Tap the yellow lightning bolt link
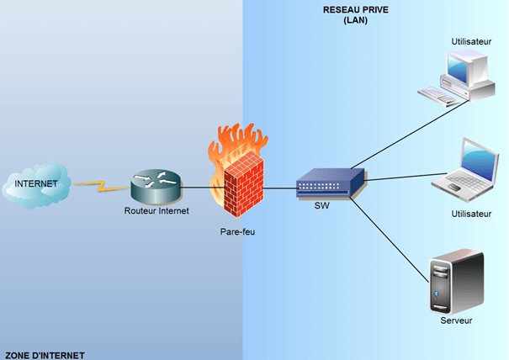[x=98, y=184]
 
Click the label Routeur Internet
[x=156, y=210]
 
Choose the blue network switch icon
[x=330, y=181]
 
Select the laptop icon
[x=466, y=167]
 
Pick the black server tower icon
[x=453, y=283]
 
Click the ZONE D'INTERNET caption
[x=43, y=355]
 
